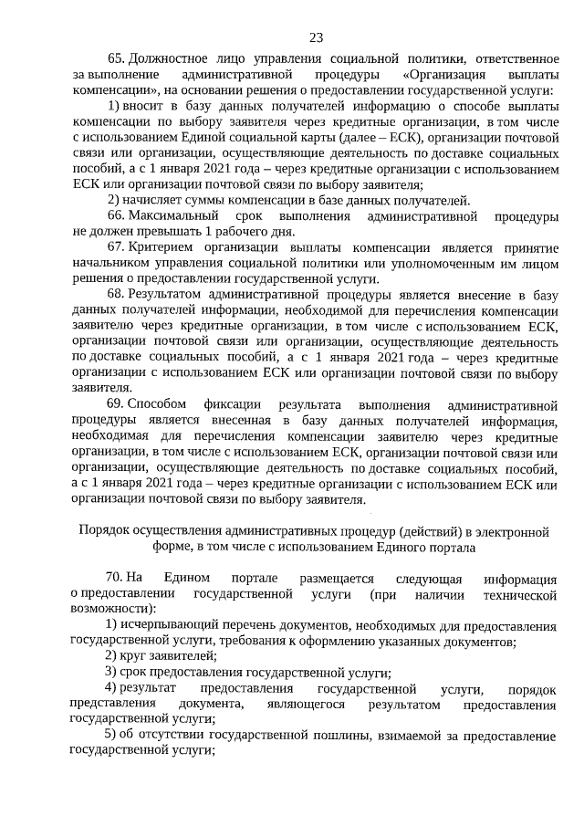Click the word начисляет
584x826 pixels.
155,201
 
